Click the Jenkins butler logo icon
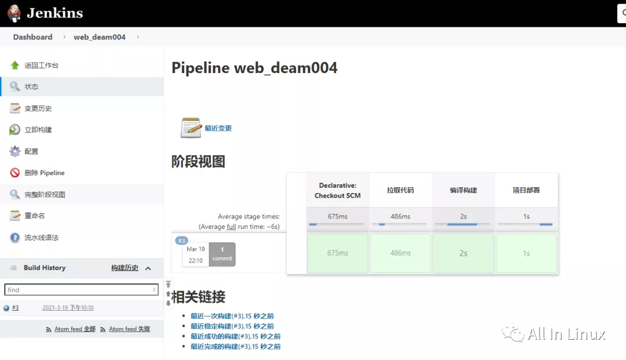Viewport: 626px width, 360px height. click(x=14, y=13)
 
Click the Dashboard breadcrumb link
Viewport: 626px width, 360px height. click(x=32, y=37)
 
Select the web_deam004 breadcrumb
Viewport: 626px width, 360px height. click(x=100, y=37)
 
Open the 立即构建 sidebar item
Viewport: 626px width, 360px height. click(x=38, y=130)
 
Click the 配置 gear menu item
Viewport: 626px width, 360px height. click(x=31, y=151)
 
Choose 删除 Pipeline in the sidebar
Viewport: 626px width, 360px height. click(x=44, y=173)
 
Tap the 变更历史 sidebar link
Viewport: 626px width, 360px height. click(x=38, y=108)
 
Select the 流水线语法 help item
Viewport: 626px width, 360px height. click(x=41, y=238)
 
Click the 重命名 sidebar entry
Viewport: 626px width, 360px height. click(x=34, y=216)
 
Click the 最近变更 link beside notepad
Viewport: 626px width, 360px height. click(x=218, y=128)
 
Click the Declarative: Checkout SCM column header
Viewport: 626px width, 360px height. click(x=337, y=190)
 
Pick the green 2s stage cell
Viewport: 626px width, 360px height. click(x=463, y=253)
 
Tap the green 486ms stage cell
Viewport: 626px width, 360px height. click(x=400, y=253)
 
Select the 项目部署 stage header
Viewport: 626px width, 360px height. click(x=526, y=190)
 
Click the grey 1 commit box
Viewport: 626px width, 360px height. click(x=222, y=254)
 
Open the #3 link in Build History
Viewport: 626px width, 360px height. click(x=15, y=308)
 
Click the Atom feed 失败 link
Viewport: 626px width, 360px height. click(x=129, y=329)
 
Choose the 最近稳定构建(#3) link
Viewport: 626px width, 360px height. click(x=232, y=326)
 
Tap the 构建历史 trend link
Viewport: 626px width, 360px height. click(x=125, y=268)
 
